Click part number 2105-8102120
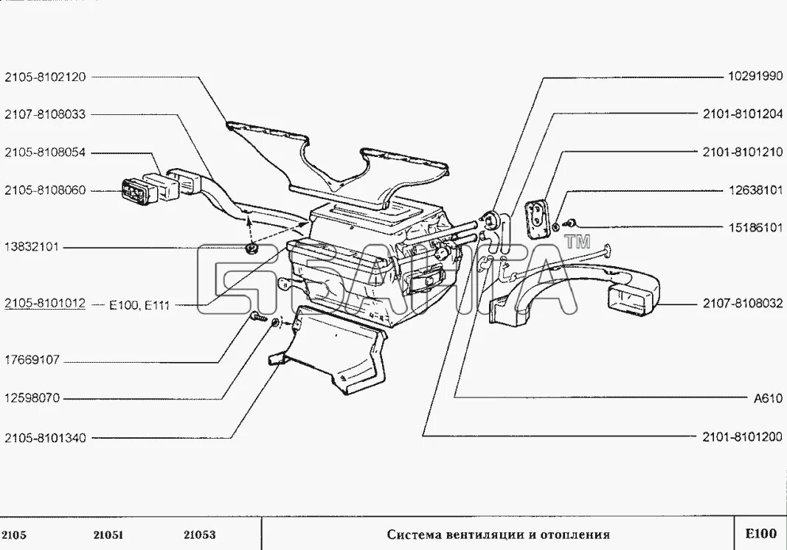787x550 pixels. pyautogui.click(x=45, y=76)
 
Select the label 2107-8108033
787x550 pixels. pyautogui.click(x=45, y=114)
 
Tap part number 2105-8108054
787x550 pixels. pyautogui.click(x=45, y=153)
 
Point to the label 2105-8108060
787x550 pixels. pyautogui.click(x=45, y=190)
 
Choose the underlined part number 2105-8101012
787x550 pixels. pyautogui.click(x=45, y=304)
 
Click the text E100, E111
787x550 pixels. pyautogui.click(x=139, y=304)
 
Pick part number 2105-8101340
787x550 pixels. pyautogui.click(x=45, y=438)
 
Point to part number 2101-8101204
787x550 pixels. pyautogui.click(x=742, y=114)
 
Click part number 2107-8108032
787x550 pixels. pyautogui.click(x=742, y=304)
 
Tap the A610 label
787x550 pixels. pyautogui.click(x=767, y=399)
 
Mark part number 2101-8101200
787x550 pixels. pyautogui.click(x=742, y=437)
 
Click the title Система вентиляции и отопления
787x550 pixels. pyautogui.click(x=499, y=535)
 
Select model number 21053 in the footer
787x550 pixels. pyautogui.click(x=199, y=535)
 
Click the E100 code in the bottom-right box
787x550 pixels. pyautogui.click(x=760, y=534)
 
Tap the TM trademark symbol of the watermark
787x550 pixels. pyautogui.click(x=578, y=241)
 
